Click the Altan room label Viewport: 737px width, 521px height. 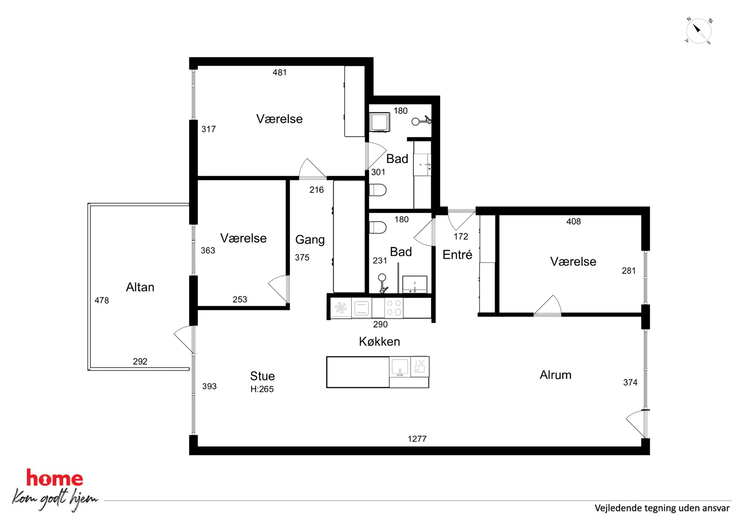(140, 287)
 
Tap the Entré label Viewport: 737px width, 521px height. (457, 254)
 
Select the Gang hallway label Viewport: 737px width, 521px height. (310, 240)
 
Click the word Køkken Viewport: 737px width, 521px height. (379, 341)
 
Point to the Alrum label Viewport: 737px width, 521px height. (555, 375)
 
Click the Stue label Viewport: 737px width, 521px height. (262, 376)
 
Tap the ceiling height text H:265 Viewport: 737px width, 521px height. (262, 389)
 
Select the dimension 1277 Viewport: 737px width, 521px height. (417, 439)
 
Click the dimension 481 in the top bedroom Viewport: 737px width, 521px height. (279, 72)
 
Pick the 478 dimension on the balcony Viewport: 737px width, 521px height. (101, 300)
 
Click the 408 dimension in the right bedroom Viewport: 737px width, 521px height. (573, 221)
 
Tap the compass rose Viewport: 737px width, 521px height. (698, 31)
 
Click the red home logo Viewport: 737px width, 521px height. (55, 478)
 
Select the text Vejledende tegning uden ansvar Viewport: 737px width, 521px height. (662, 508)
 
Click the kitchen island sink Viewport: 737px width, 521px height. (400, 367)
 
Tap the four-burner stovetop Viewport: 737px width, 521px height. (394, 307)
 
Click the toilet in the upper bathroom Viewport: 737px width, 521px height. (378, 190)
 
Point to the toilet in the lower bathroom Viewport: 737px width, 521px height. (378, 227)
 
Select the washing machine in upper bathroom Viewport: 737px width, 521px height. (380, 121)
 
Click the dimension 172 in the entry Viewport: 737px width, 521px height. (461, 237)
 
